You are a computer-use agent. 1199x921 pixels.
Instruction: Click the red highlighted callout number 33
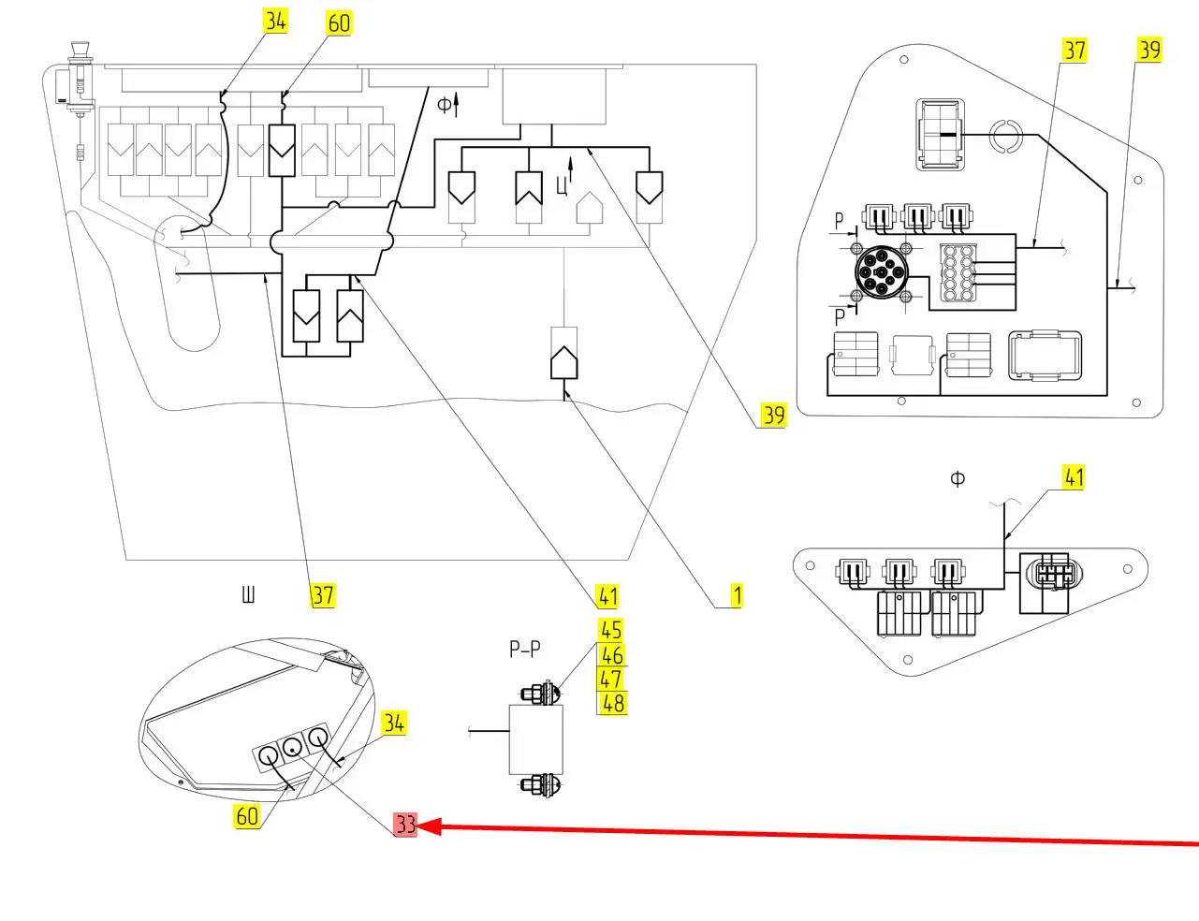[x=405, y=825]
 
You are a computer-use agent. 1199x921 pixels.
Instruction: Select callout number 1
[x=737, y=595]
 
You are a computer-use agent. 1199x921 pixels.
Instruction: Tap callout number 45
[x=611, y=630]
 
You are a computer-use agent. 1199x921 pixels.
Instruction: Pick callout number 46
[x=612, y=654]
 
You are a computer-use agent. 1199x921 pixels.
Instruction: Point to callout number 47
[x=611, y=679]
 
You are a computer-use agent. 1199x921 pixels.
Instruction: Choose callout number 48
[x=613, y=702]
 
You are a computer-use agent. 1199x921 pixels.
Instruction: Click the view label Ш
[x=248, y=593]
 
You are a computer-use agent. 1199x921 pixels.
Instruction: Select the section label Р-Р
[x=525, y=649]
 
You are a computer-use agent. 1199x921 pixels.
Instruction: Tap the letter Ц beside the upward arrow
[x=562, y=185]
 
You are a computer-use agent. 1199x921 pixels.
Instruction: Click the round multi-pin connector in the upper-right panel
[x=881, y=273]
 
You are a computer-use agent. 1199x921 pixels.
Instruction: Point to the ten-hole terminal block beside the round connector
[x=959, y=273]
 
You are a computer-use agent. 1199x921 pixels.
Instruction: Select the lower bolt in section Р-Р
[x=540, y=784]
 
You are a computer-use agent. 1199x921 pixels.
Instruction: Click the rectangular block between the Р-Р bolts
[x=536, y=739]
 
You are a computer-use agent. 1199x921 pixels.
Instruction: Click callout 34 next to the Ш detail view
[x=393, y=723]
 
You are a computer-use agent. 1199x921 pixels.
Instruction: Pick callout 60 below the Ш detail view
[x=246, y=816]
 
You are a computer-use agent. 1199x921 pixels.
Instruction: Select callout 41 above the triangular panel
[x=1074, y=477]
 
